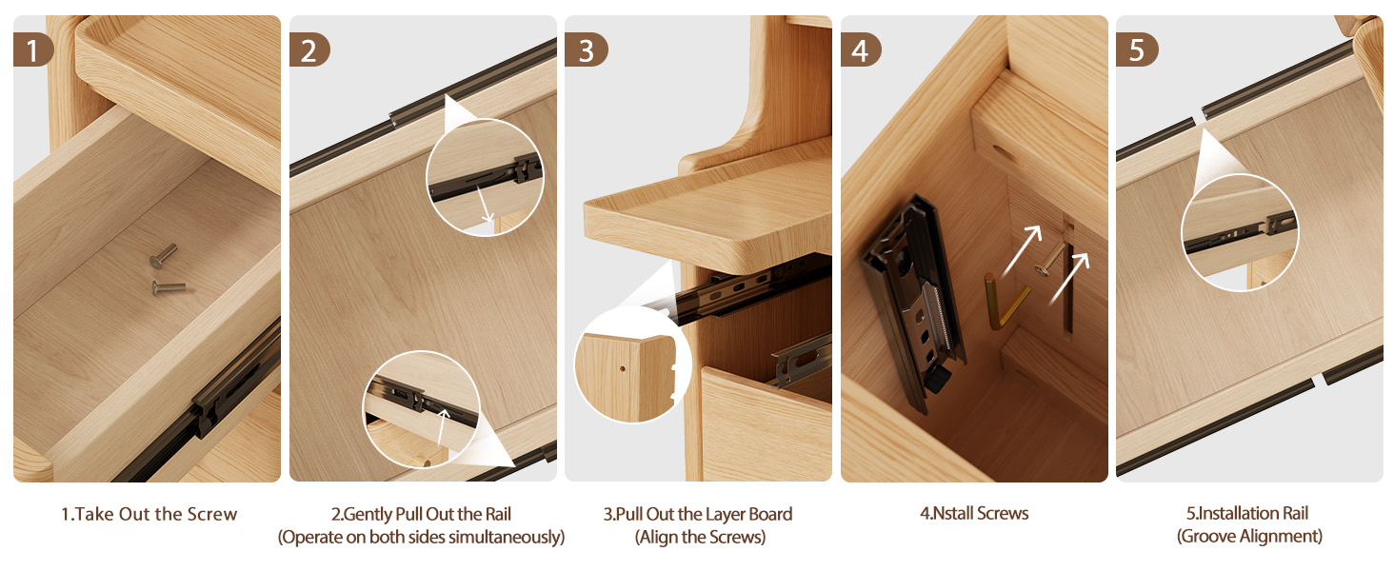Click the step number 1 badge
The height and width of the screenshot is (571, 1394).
click(x=33, y=49)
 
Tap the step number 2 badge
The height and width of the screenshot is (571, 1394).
click(x=309, y=49)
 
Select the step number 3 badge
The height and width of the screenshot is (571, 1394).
click(x=586, y=49)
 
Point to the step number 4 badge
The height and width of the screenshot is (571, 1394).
click(x=861, y=49)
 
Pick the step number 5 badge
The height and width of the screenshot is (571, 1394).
click(x=1136, y=49)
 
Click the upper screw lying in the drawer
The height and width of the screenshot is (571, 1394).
click(x=163, y=256)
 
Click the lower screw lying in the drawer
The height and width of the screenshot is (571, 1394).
click(x=169, y=287)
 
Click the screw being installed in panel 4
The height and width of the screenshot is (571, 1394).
click(x=1048, y=260)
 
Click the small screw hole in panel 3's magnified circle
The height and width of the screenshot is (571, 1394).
click(x=623, y=368)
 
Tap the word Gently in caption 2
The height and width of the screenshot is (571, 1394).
click(x=368, y=515)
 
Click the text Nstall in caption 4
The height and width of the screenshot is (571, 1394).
click(x=952, y=513)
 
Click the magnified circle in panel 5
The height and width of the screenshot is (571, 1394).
click(x=1240, y=232)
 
